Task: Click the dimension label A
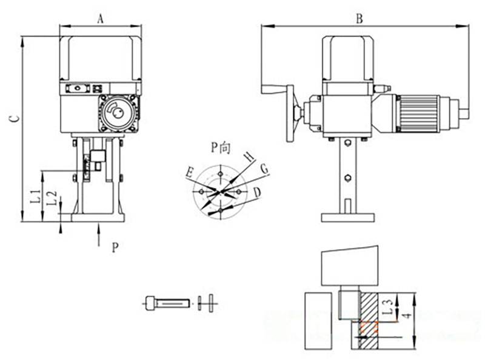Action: (x=100, y=19)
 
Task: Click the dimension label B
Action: (x=359, y=19)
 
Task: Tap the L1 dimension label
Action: (x=36, y=196)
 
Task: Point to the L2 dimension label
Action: (x=53, y=198)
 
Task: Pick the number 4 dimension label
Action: (x=408, y=316)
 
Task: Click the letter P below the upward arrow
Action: (x=115, y=247)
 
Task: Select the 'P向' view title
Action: (x=220, y=148)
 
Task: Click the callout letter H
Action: (x=249, y=157)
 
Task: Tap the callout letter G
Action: (x=264, y=169)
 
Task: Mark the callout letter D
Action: (x=257, y=193)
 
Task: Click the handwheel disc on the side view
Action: (x=290, y=113)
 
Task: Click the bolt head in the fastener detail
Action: (x=150, y=303)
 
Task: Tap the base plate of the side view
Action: (x=347, y=218)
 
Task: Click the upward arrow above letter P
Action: (x=99, y=235)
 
